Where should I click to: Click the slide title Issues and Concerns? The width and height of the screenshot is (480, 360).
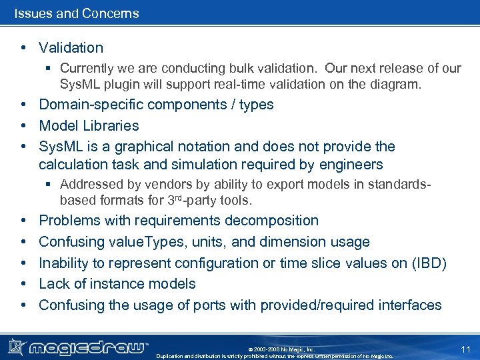click(x=77, y=13)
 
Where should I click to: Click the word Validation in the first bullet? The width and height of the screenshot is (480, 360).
click(x=71, y=48)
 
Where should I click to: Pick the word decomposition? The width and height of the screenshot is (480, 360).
click(x=271, y=221)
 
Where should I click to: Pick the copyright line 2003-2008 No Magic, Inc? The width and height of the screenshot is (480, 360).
click(x=281, y=349)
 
